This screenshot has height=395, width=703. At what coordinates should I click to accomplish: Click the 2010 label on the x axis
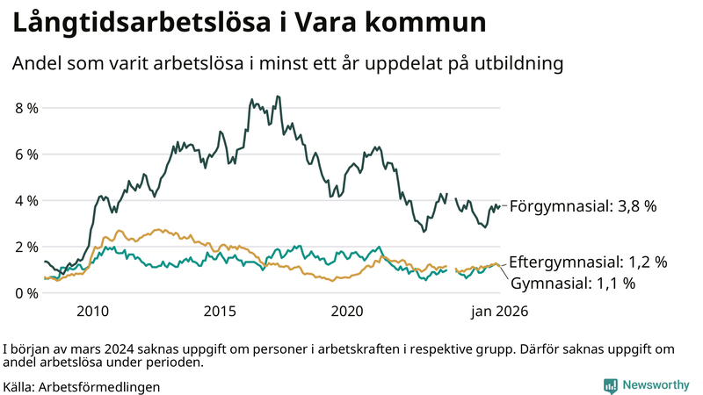click(x=92, y=311)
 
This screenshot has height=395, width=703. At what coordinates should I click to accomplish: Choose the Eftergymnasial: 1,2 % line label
click(x=588, y=262)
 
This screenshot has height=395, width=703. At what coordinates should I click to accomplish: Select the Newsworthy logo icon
click(x=610, y=384)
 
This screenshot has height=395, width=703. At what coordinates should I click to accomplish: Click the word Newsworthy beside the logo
click(x=656, y=384)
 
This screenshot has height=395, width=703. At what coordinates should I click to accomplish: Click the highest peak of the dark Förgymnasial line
click(x=278, y=97)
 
